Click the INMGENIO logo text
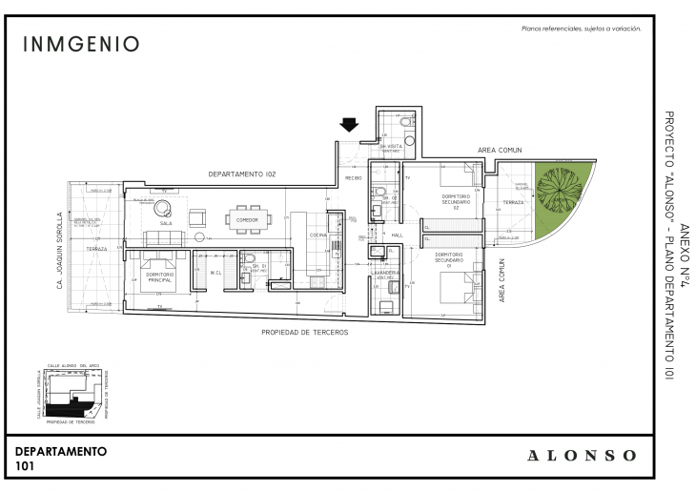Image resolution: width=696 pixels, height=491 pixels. pyautogui.click(x=81, y=44)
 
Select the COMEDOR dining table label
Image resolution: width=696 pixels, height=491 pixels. pyautogui.click(x=247, y=220)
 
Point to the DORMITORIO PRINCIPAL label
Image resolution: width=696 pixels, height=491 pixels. pyautogui.click(x=158, y=276)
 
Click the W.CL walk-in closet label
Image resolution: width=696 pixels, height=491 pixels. pyautogui.click(x=215, y=272)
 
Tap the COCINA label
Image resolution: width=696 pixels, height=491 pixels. pyautogui.click(x=317, y=234)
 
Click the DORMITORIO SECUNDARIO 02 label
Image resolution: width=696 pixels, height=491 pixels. pyautogui.click(x=457, y=198)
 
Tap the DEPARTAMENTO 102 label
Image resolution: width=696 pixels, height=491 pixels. pyautogui.click(x=242, y=174)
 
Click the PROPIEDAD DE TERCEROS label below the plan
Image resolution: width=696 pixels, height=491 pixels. pyautogui.click(x=305, y=332)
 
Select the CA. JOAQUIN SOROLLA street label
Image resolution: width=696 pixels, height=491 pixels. pyautogui.click(x=59, y=250)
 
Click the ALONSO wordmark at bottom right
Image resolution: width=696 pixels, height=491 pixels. pyautogui.click(x=582, y=456)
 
